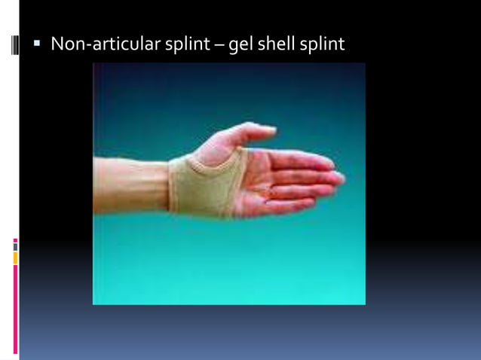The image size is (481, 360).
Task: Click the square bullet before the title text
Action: pyautogui.click(x=36, y=44)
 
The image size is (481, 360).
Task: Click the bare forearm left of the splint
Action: pyautogui.click(x=128, y=185)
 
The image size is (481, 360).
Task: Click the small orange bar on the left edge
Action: pyautogui.click(x=15, y=258)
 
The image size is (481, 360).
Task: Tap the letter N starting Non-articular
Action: pyautogui.click(x=57, y=44)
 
